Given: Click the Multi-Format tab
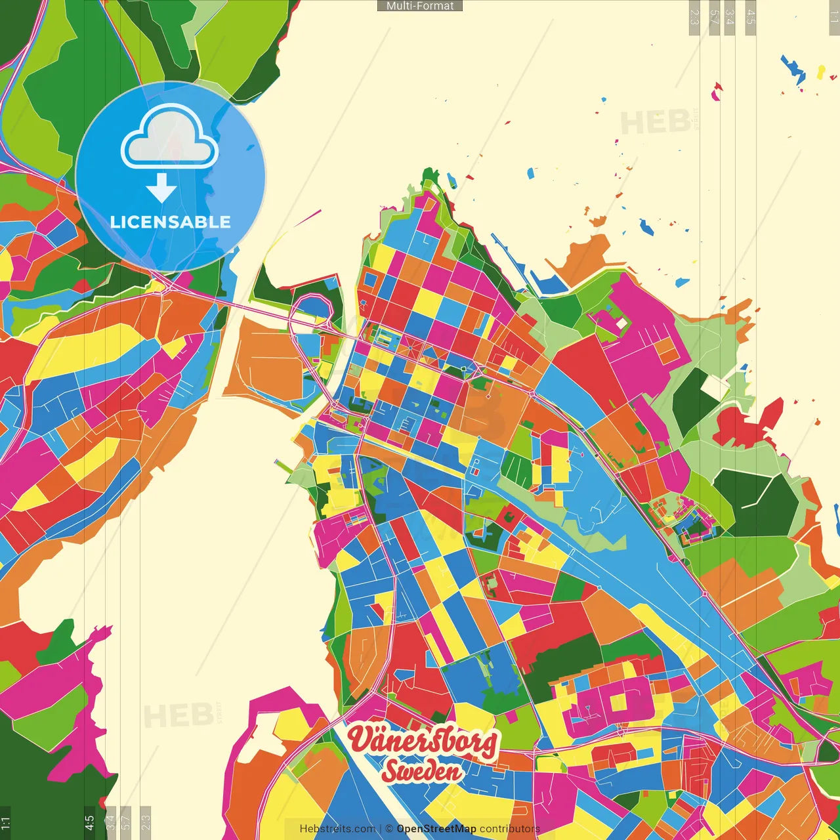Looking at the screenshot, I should click(420, 6).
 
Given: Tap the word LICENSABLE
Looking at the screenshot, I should click(170, 222).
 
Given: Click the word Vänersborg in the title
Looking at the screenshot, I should click(422, 740).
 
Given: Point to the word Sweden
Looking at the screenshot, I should click(422, 772).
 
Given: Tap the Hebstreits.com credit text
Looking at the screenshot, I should click(337, 829).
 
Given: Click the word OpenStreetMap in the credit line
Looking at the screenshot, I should click(436, 829).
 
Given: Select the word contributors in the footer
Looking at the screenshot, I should click(510, 829).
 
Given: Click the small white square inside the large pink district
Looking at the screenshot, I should click(621, 324).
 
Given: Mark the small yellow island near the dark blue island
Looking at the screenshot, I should click(820, 72).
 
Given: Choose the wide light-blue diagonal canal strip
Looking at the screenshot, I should click(630, 525).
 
